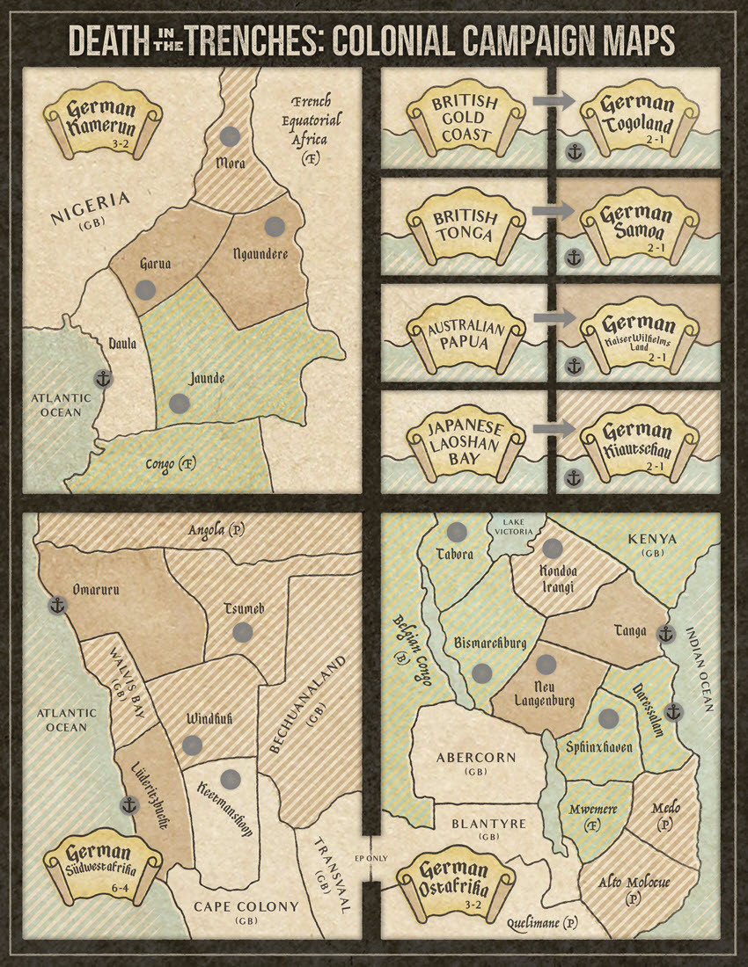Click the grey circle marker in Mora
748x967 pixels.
[x=230, y=136]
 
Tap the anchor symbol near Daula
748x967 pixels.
[x=103, y=380]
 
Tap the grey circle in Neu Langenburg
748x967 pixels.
[x=546, y=665]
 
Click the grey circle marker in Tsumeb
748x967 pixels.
[x=243, y=631]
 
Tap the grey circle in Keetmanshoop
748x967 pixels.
[x=231, y=778]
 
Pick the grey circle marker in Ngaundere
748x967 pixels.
[x=275, y=225]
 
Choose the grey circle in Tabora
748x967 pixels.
[x=456, y=532]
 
